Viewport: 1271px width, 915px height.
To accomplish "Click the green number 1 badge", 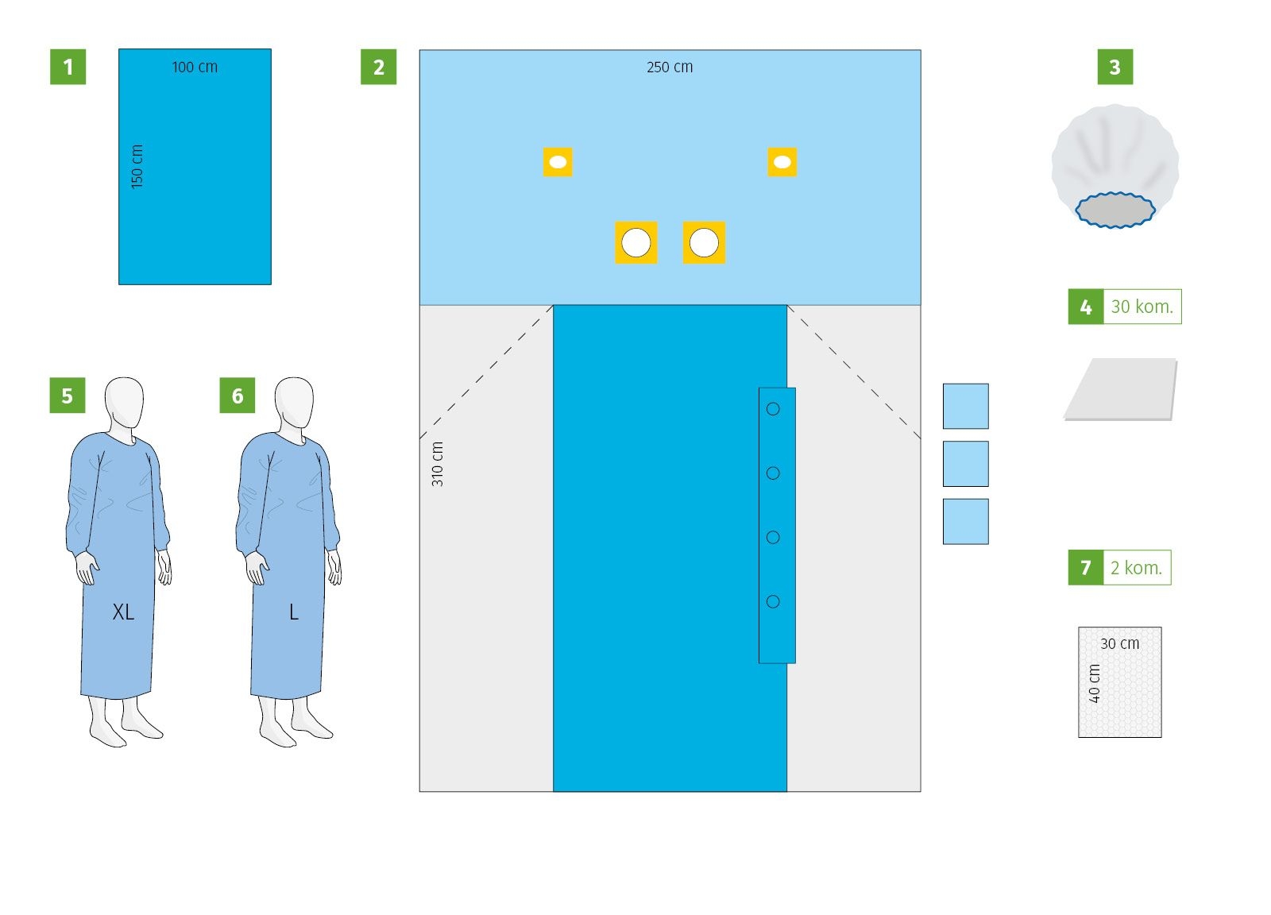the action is pos(68,67).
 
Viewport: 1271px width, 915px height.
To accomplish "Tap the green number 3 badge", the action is pos(1115,67).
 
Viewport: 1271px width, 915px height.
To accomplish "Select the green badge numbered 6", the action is pos(238,396).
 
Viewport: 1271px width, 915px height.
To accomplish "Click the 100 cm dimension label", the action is pos(195,67).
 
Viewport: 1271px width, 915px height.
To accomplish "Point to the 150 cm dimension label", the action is pos(137,167).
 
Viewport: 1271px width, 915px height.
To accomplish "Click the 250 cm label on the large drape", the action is pos(670,67).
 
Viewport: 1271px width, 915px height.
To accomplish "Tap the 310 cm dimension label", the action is pos(438,464).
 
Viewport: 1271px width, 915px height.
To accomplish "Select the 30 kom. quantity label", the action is pos(1142,307).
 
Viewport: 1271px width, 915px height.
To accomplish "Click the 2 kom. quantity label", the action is pos(1137,568).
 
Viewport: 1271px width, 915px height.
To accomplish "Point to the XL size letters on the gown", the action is pos(124,612).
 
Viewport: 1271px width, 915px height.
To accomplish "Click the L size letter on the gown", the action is pos(294,612).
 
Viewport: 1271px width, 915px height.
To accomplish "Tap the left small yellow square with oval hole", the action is pos(558,162).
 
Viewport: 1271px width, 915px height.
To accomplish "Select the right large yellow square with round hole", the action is pos(705,243).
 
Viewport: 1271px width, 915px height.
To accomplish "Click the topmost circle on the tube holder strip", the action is pos(774,409).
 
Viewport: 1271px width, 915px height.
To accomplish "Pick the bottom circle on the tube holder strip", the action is pos(774,601).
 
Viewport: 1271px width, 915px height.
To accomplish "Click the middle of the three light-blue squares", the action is pos(966,464).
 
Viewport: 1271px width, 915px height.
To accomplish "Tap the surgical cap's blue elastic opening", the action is pos(1115,210).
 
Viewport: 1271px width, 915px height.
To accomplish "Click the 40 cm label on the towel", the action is pos(1095,684).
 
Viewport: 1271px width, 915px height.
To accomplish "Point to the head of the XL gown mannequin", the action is pos(124,402).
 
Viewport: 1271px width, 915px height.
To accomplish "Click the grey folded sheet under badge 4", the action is pos(1121,390).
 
